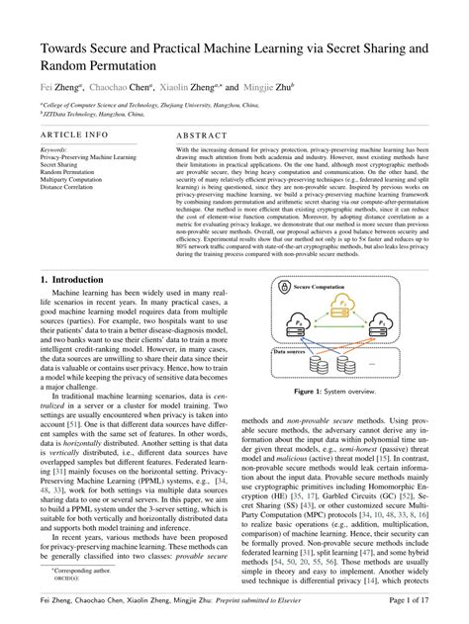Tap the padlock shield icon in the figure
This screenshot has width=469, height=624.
coord(284,286)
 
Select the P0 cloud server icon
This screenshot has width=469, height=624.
coord(296,325)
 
